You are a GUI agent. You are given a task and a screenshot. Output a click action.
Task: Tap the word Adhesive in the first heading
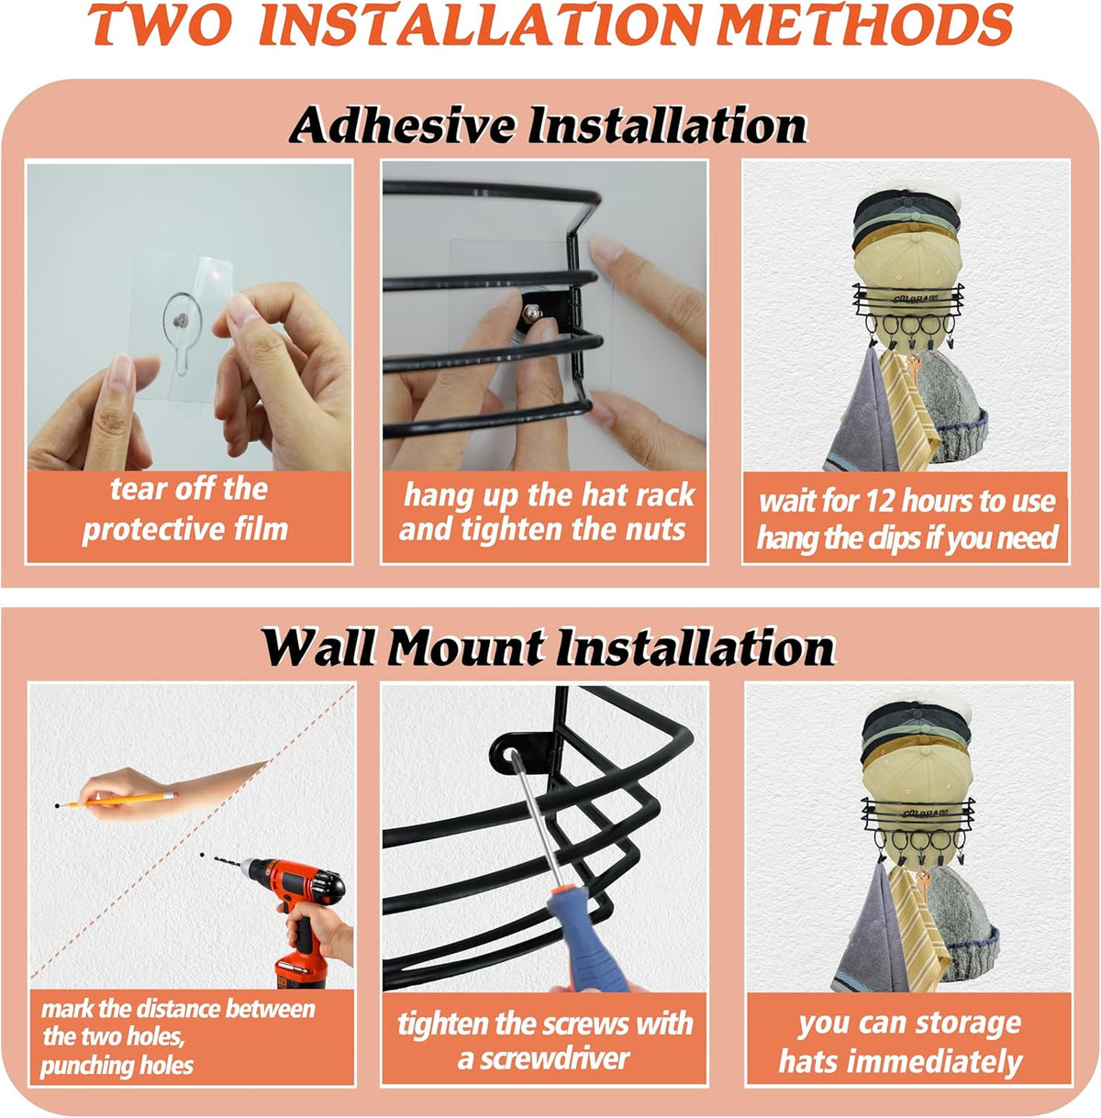pyautogui.click(x=402, y=126)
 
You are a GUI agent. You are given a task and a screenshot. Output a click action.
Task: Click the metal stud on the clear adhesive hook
pyautogui.click(x=183, y=319)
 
